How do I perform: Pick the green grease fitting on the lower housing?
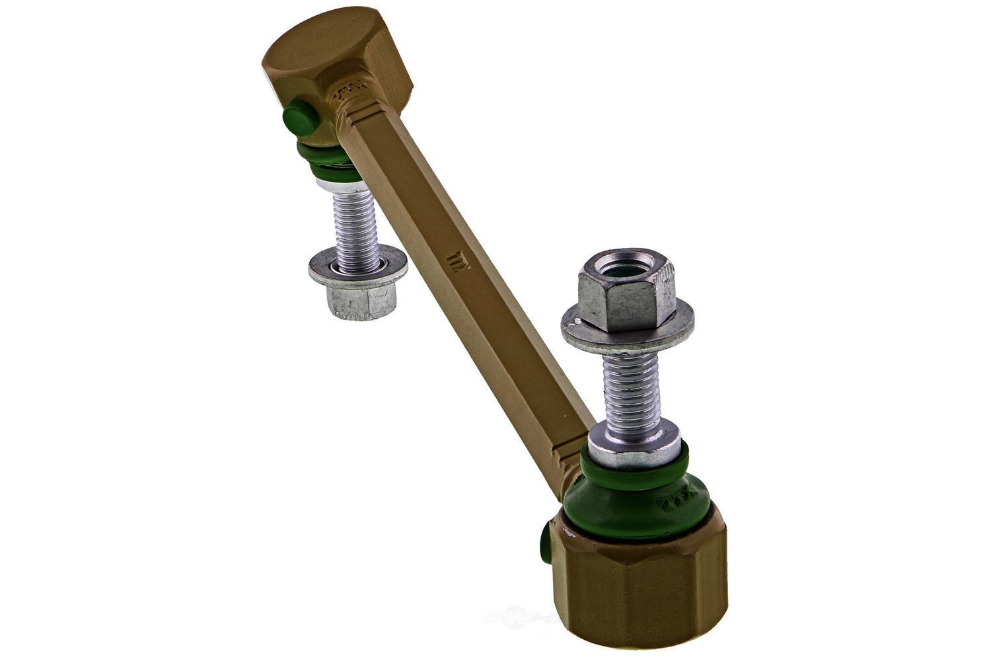[545, 543]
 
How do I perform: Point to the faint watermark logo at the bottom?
[522, 618]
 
